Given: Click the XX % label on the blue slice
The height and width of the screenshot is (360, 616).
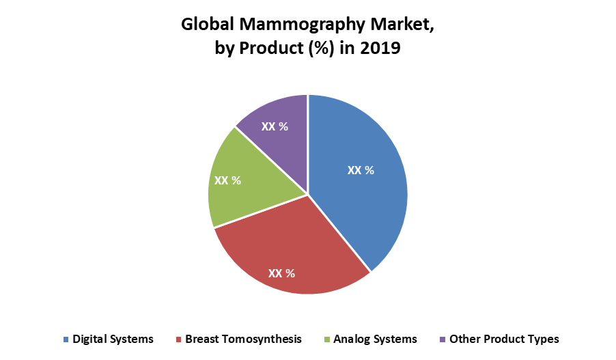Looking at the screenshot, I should [x=361, y=170].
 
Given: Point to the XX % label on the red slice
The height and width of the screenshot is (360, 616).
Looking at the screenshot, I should [x=281, y=273].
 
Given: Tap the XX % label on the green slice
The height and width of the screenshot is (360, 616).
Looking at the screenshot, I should [x=228, y=180].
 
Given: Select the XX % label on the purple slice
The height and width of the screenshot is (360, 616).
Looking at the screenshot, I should [x=274, y=126].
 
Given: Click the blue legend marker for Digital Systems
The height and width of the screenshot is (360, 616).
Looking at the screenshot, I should [x=66, y=340].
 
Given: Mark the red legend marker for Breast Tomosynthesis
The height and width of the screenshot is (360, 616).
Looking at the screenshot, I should [x=178, y=340].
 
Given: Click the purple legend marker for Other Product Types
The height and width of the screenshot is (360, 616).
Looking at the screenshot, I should [x=443, y=340].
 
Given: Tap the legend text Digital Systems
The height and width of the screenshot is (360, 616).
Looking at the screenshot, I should [x=113, y=339].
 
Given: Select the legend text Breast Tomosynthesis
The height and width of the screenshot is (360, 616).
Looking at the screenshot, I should [x=243, y=339].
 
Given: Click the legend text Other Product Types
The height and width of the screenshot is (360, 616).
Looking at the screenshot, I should [x=504, y=339].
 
